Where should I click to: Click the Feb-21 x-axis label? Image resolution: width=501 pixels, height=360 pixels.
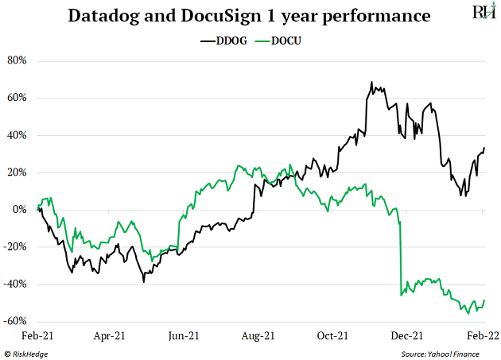click(37, 336)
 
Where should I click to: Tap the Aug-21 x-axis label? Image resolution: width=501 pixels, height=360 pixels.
click(258, 336)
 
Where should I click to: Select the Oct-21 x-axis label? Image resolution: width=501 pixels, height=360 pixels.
click(333, 336)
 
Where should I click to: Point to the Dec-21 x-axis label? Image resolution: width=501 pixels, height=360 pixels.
click(408, 336)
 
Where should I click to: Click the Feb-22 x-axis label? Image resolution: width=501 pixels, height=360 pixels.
click(483, 336)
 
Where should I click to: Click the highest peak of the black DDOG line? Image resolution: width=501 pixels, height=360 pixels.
click(371, 82)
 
